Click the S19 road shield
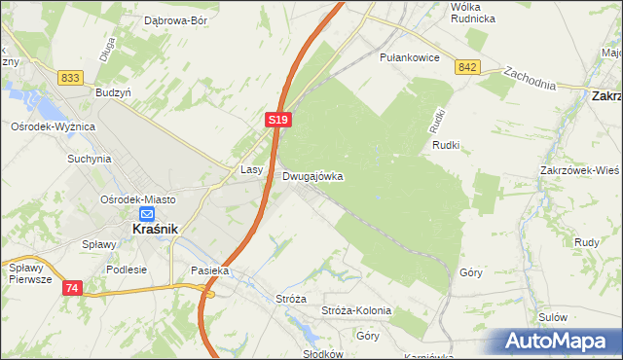[x=277, y=119]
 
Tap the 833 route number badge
[x=69, y=78]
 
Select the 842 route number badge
[x=467, y=66]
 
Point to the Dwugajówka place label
[x=312, y=177]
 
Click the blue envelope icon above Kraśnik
[x=146, y=215]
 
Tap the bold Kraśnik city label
[x=153, y=231]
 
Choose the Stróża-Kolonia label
[x=356, y=310]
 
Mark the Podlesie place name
[x=127, y=270]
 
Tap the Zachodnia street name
[x=530, y=77]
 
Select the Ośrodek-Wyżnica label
[x=53, y=126]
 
